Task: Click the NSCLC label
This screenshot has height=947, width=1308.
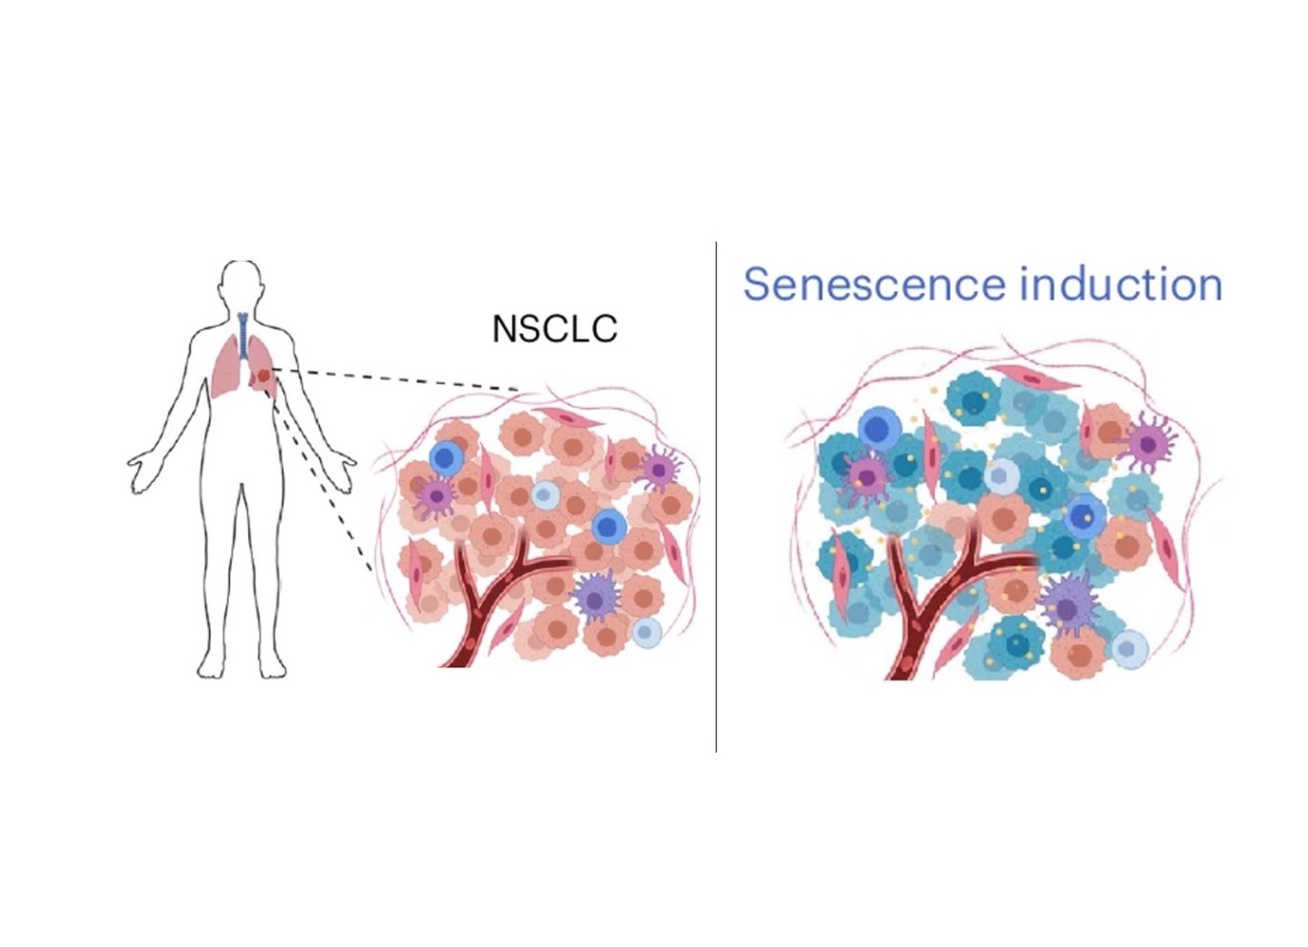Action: (554, 328)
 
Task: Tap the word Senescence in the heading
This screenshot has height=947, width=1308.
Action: (875, 284)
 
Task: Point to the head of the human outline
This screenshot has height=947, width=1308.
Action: (242, 284)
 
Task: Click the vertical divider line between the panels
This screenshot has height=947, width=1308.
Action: (716, 496)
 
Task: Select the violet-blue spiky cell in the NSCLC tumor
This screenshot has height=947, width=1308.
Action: (597, 597)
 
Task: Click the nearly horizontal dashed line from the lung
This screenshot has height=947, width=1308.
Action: (401, 379)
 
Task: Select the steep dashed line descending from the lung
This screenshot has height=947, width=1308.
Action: (325, 477)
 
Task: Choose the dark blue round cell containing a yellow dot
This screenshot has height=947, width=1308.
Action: (1084, 516)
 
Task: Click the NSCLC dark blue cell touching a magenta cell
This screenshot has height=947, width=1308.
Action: (446, 458)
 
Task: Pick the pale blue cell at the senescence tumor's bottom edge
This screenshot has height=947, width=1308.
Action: (1129, 649)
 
